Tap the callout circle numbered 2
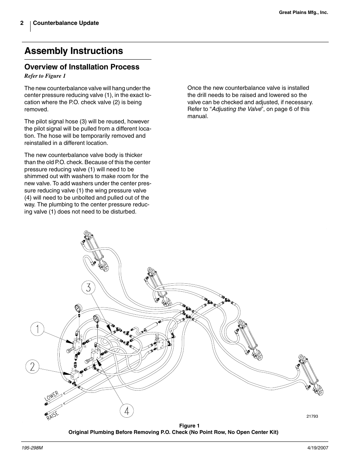click(32, 367)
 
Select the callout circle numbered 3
click(88, 288)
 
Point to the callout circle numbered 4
click(126, 411)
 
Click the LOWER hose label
click(52, 396)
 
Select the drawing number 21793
click(312, 417)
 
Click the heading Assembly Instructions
click(74, 51)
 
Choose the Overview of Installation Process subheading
click(82, 67)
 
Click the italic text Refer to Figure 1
click(45, 76)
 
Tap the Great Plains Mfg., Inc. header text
click(303, 12)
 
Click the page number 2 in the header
click(22, 23)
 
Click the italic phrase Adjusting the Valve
click(236, 109)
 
